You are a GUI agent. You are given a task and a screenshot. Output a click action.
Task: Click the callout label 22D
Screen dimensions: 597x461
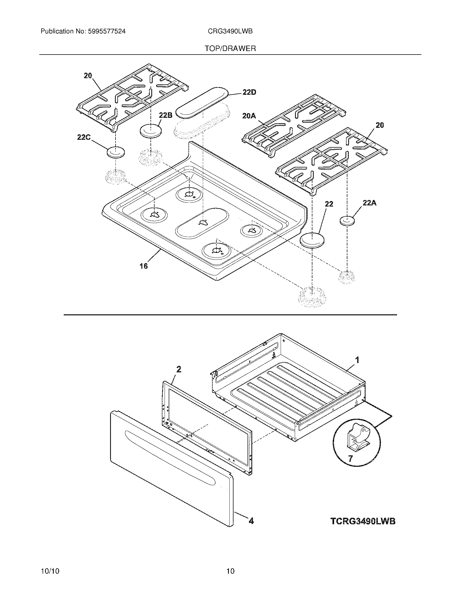249,92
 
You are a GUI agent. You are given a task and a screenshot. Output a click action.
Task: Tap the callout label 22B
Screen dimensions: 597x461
165,115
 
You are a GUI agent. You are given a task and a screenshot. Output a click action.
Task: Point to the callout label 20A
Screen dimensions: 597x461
249,116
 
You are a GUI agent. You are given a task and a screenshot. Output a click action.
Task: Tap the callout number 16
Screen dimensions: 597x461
144,266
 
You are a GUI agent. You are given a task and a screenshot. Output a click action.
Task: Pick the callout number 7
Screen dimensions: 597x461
350,458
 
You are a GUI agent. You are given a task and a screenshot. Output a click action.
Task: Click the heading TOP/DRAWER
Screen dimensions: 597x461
230,49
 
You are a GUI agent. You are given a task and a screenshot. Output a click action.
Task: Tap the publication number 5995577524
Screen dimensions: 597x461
107,31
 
